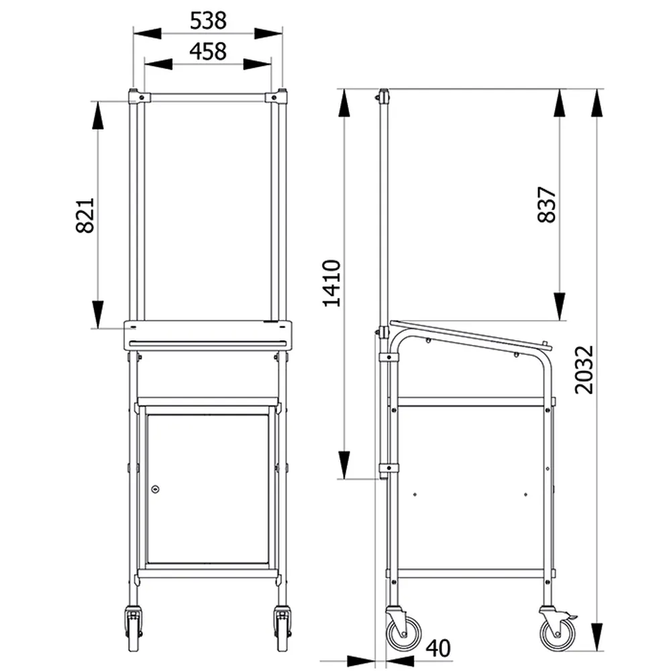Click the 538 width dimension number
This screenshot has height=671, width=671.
pos(208,21)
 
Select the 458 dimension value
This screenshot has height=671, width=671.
pos(208,52)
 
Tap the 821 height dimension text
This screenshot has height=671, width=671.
pos(85,215)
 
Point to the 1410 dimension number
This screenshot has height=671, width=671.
pos(331,283)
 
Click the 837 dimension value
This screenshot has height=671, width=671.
pos(546,204)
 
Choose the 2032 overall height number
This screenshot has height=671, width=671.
pos(584,370)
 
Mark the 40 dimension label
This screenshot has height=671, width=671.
pos(438,648)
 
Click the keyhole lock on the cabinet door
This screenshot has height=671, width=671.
pos(156,488)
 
